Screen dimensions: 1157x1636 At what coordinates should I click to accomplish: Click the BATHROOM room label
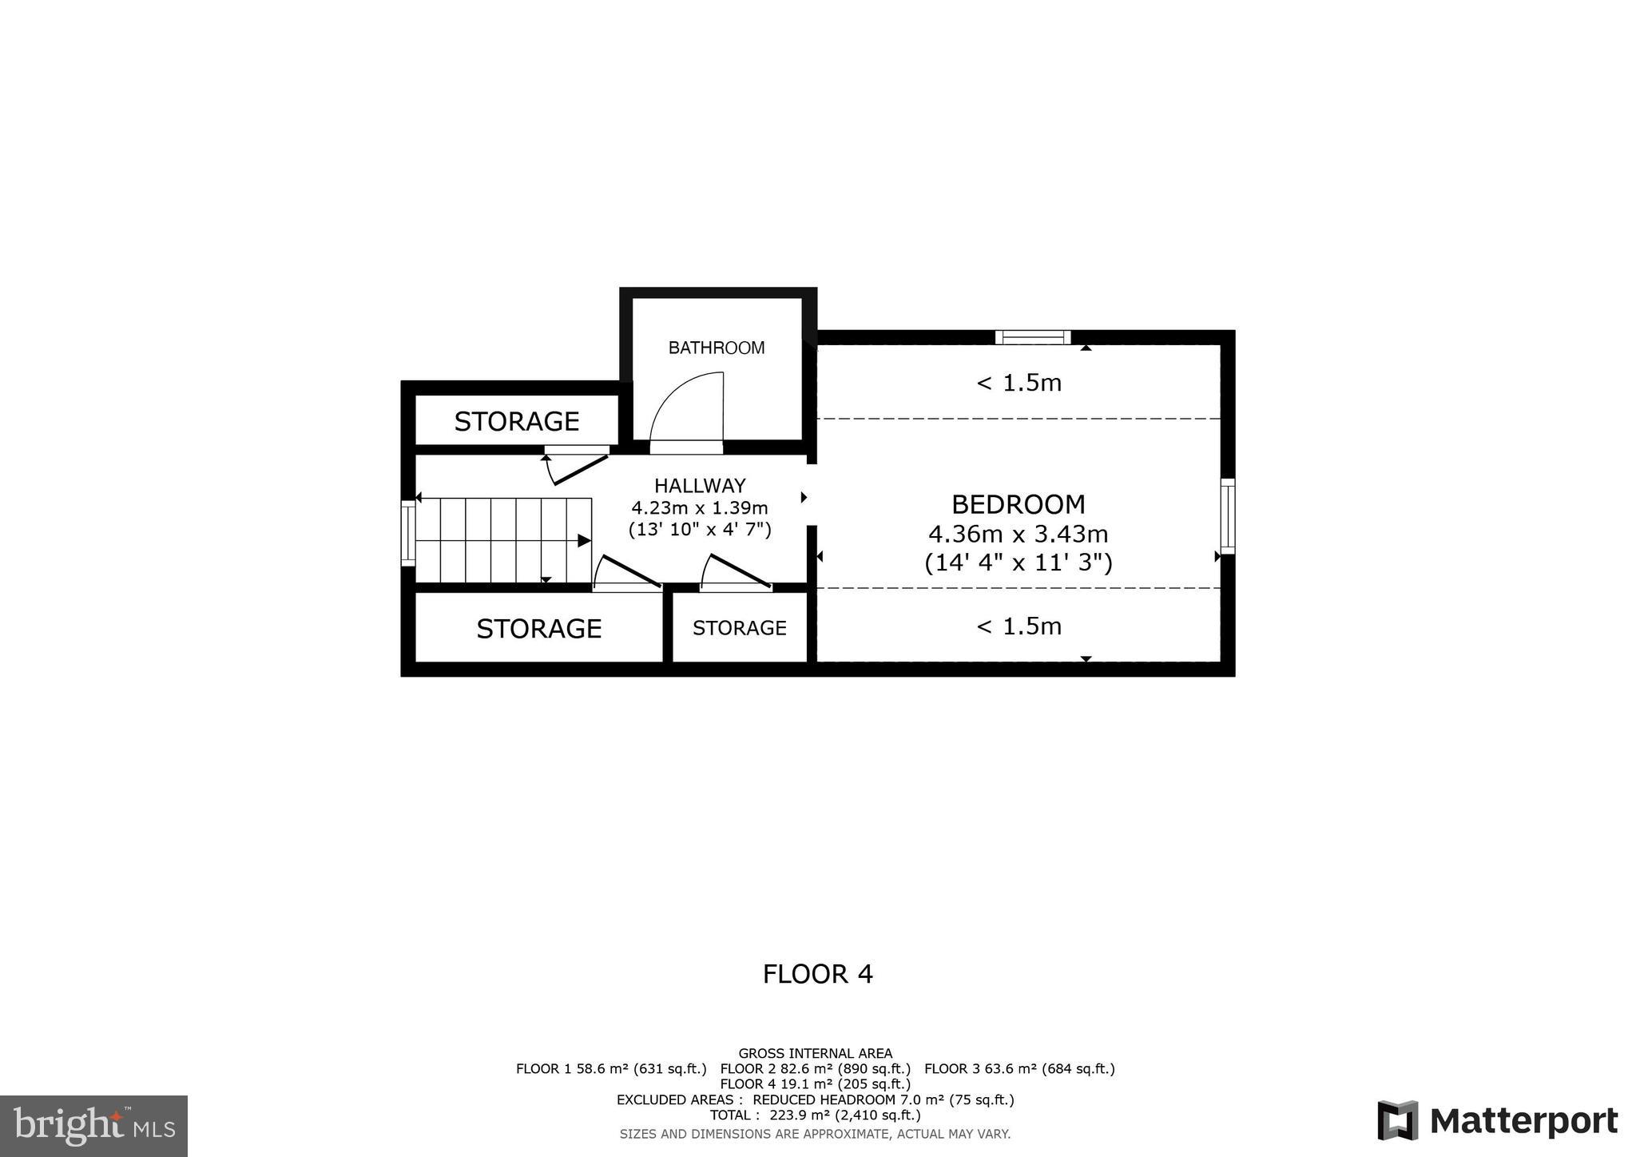pyautogui.click(x=717, y=348)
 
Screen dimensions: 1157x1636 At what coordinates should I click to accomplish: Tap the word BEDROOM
pyautogui.click(x=1019, y=504)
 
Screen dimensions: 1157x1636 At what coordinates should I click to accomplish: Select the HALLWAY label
pyautogui.click(x=700, y=486)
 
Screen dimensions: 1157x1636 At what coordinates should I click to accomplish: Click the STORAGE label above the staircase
pyautogui.click(x=516, y=421)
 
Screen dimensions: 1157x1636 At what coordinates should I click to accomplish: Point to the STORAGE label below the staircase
pyautogui.click(x=538, y=629)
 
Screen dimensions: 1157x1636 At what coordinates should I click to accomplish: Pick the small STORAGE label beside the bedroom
pyautogui.click(x=739, y=628)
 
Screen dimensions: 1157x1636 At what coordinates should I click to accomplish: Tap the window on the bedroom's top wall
pyautogui.click(x=1032, y=337)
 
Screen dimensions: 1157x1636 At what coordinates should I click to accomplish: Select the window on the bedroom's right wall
pyautogui.click(x=1228, y=516)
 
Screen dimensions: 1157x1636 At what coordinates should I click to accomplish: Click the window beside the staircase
pyautogui.click(x=408, y=533)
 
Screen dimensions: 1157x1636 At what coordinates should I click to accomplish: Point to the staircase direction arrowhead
pyautogui.click(x=584, y=541)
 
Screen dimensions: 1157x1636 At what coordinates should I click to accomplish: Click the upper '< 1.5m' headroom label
pyautogui.click(x=1019, y=384)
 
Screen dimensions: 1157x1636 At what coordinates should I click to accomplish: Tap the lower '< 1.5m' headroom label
pyautogui.click(x=1019, y=626)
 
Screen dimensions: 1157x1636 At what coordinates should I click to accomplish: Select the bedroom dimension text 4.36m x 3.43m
pyautogui.click(x=1019, y=534)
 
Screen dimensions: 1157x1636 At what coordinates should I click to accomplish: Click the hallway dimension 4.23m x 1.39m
pyautogui.click(x=700, y=507)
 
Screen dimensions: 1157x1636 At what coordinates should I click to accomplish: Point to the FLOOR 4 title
pyautogui.click(x=817, y=974)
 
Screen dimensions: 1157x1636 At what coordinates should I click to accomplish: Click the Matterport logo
pyautogui.click(x=1498, y=1121)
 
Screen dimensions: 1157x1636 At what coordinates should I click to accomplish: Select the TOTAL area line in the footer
pyautogui.click(x=815, y=1115)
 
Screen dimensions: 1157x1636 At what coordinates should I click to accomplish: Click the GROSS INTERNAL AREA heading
pyautogui.click(x=815, y=1054)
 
